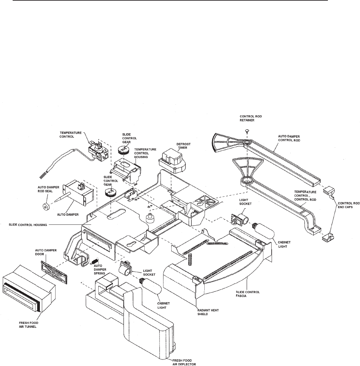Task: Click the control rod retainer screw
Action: (x=247, y=130)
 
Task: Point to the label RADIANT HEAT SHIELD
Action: (x=208, y=312)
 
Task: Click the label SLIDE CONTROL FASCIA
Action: (x=248, y=294)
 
